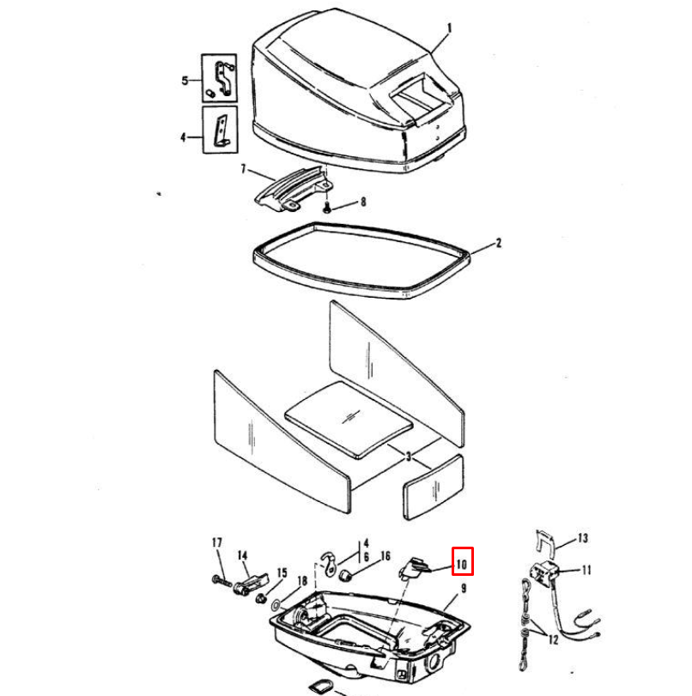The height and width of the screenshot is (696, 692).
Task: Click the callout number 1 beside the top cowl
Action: pyautogui.click(x=448, y=28)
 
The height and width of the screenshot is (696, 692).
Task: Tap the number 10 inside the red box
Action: pyautogui.click(x=462, y=564)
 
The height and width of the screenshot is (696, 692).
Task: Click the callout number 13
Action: pyautogui.click(x=583, y=539)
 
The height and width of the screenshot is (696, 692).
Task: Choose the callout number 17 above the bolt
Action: pyautogui.click(x=216, y=542)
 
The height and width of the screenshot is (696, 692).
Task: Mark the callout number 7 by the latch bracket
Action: pyautogui.click(x=243, y=171)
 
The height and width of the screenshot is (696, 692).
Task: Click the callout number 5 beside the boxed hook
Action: pyautogui.click(x=185, y=81)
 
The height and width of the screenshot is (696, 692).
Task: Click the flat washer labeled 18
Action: pyautogui.click(x=274, y=606)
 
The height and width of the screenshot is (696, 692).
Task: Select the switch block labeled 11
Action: pyautogui.click(x=543, y=569)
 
